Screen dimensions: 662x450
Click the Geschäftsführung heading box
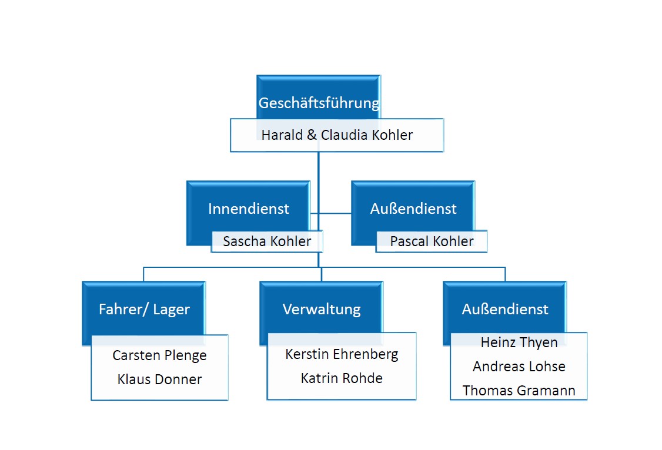319,97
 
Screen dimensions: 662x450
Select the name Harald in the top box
282,135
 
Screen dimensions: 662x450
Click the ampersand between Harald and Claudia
312,135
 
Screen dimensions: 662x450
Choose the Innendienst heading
249,209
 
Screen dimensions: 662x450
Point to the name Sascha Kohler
267,241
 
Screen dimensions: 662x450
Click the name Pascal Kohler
432,241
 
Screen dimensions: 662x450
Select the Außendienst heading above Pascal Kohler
413,209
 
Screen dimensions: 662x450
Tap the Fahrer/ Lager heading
145,309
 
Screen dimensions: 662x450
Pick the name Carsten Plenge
159,355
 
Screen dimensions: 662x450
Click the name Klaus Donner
159,379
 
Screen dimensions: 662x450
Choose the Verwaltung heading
322,309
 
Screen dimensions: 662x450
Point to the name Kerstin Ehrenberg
342,354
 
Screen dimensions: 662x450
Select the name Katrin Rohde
342,378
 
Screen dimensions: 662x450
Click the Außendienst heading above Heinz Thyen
505,309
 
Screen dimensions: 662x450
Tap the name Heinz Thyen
519,342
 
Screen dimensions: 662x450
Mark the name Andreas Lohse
519,367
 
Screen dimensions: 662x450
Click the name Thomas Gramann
519,391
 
